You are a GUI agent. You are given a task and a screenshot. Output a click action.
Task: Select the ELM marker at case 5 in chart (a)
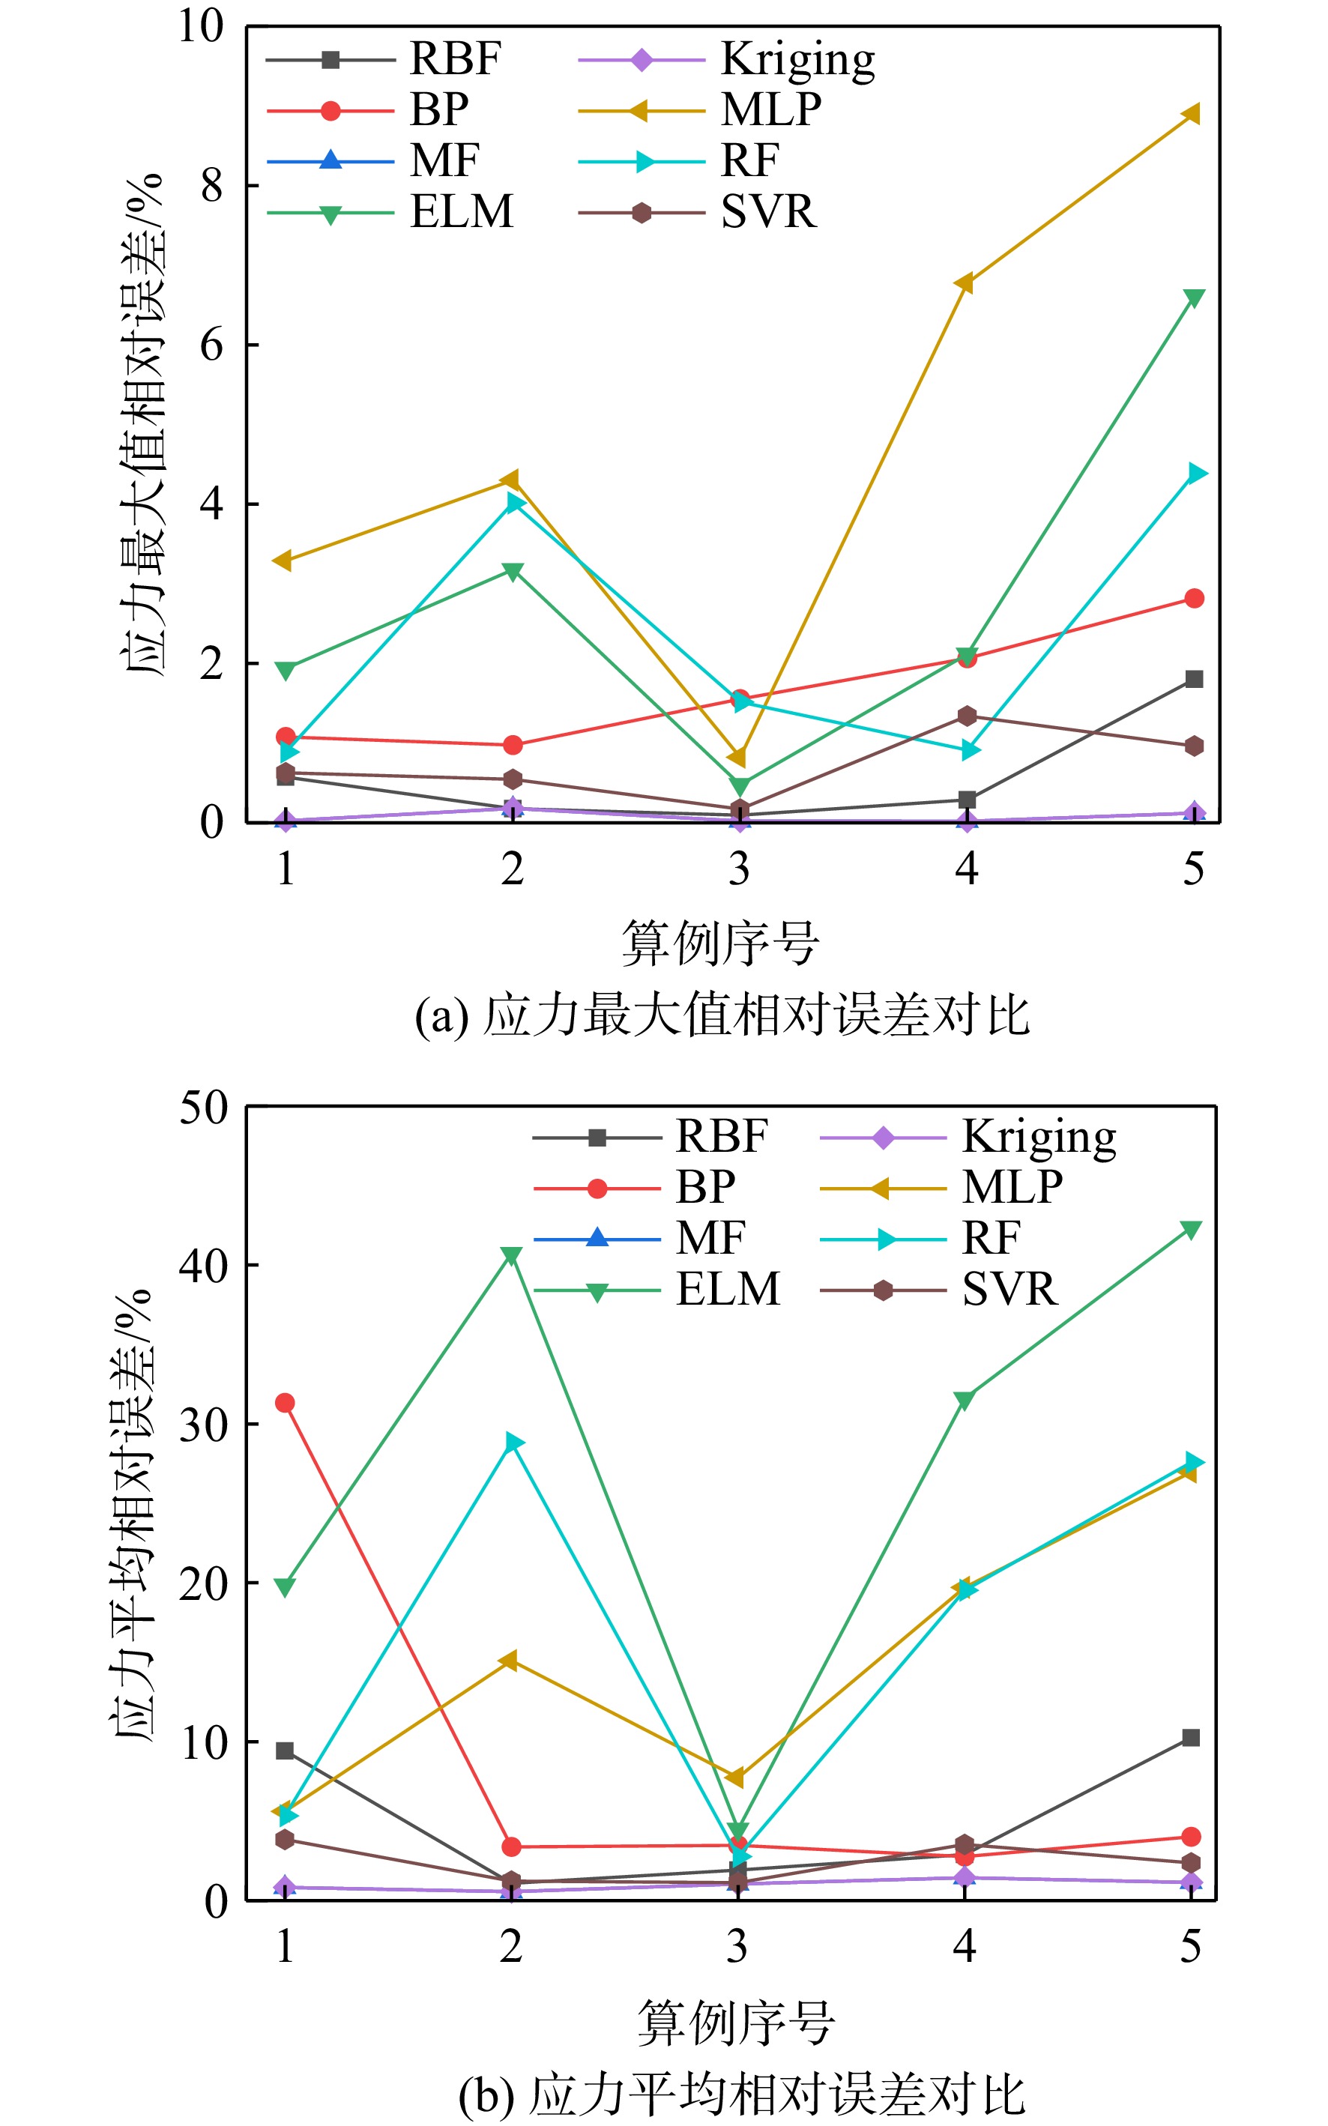(1194, 298)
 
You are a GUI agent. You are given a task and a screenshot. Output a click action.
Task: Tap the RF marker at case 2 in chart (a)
(516, 502)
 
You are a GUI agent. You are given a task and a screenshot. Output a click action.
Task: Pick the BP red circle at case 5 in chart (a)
(1194, 598)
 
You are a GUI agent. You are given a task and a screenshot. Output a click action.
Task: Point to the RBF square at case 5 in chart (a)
(1194, 679)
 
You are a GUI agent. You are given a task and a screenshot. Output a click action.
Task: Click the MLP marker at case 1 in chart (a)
(283, 561)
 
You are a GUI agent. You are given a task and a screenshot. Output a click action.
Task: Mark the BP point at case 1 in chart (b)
(285, 1402)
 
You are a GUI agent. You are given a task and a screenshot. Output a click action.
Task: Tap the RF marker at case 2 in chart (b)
(515, 1442)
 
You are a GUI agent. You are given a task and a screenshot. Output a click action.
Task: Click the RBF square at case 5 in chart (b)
(1190, 1737)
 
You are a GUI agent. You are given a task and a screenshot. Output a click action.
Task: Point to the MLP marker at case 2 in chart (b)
(509, 1660)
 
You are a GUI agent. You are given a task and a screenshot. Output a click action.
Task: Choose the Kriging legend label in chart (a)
(798, 61)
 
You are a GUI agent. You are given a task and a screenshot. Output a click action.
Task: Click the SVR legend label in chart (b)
(1010, 1289)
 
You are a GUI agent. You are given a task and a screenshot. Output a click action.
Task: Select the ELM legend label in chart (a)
(462, 211)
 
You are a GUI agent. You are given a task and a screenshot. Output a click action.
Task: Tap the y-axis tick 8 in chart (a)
(211, 185)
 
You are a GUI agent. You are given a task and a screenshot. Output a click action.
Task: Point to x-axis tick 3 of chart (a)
(740, 869)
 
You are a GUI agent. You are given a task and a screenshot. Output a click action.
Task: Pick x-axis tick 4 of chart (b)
(965, 1946)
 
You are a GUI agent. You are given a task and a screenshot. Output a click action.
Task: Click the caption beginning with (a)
(722, 1015)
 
